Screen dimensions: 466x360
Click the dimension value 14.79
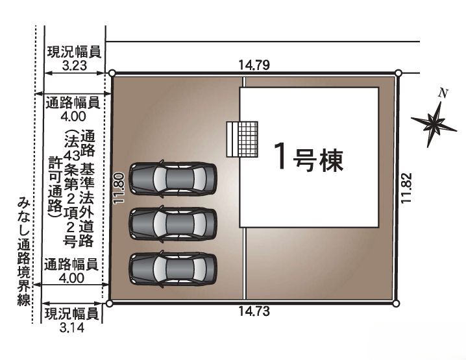(x=254, y=65)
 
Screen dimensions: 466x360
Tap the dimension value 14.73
(x=254, y=311)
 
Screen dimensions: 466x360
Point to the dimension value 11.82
(x=406, y=188)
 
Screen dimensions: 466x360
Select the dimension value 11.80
(x=119, y=188)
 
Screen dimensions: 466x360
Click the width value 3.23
(x=74, y=65)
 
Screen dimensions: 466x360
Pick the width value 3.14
(x=72, y=328)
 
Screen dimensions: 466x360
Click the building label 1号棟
(x=309, y=156)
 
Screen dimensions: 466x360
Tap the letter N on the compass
(x=443, y=94)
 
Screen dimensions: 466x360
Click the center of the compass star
(x=434, y=123)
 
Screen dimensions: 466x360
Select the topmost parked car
(x=173, y=179)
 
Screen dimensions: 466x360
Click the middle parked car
(x=173, y=224)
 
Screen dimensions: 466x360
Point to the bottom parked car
(x=173, y=269)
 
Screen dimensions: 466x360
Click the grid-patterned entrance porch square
(x=248, y=139)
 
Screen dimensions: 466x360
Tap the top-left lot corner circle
(x=112, y=73)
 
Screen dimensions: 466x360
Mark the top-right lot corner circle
(x=399, y=73)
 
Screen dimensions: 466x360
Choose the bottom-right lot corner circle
(x=395, y=304)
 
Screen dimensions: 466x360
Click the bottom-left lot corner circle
(x=110, y=304)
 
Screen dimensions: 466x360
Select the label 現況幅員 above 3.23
(x=74, y=53)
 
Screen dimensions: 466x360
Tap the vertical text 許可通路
(x=55, y=187)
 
